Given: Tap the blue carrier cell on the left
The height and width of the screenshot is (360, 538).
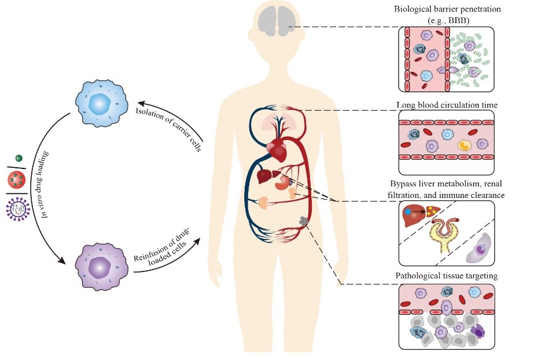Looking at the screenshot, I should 100,105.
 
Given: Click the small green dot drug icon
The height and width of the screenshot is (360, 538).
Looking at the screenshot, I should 18,158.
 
